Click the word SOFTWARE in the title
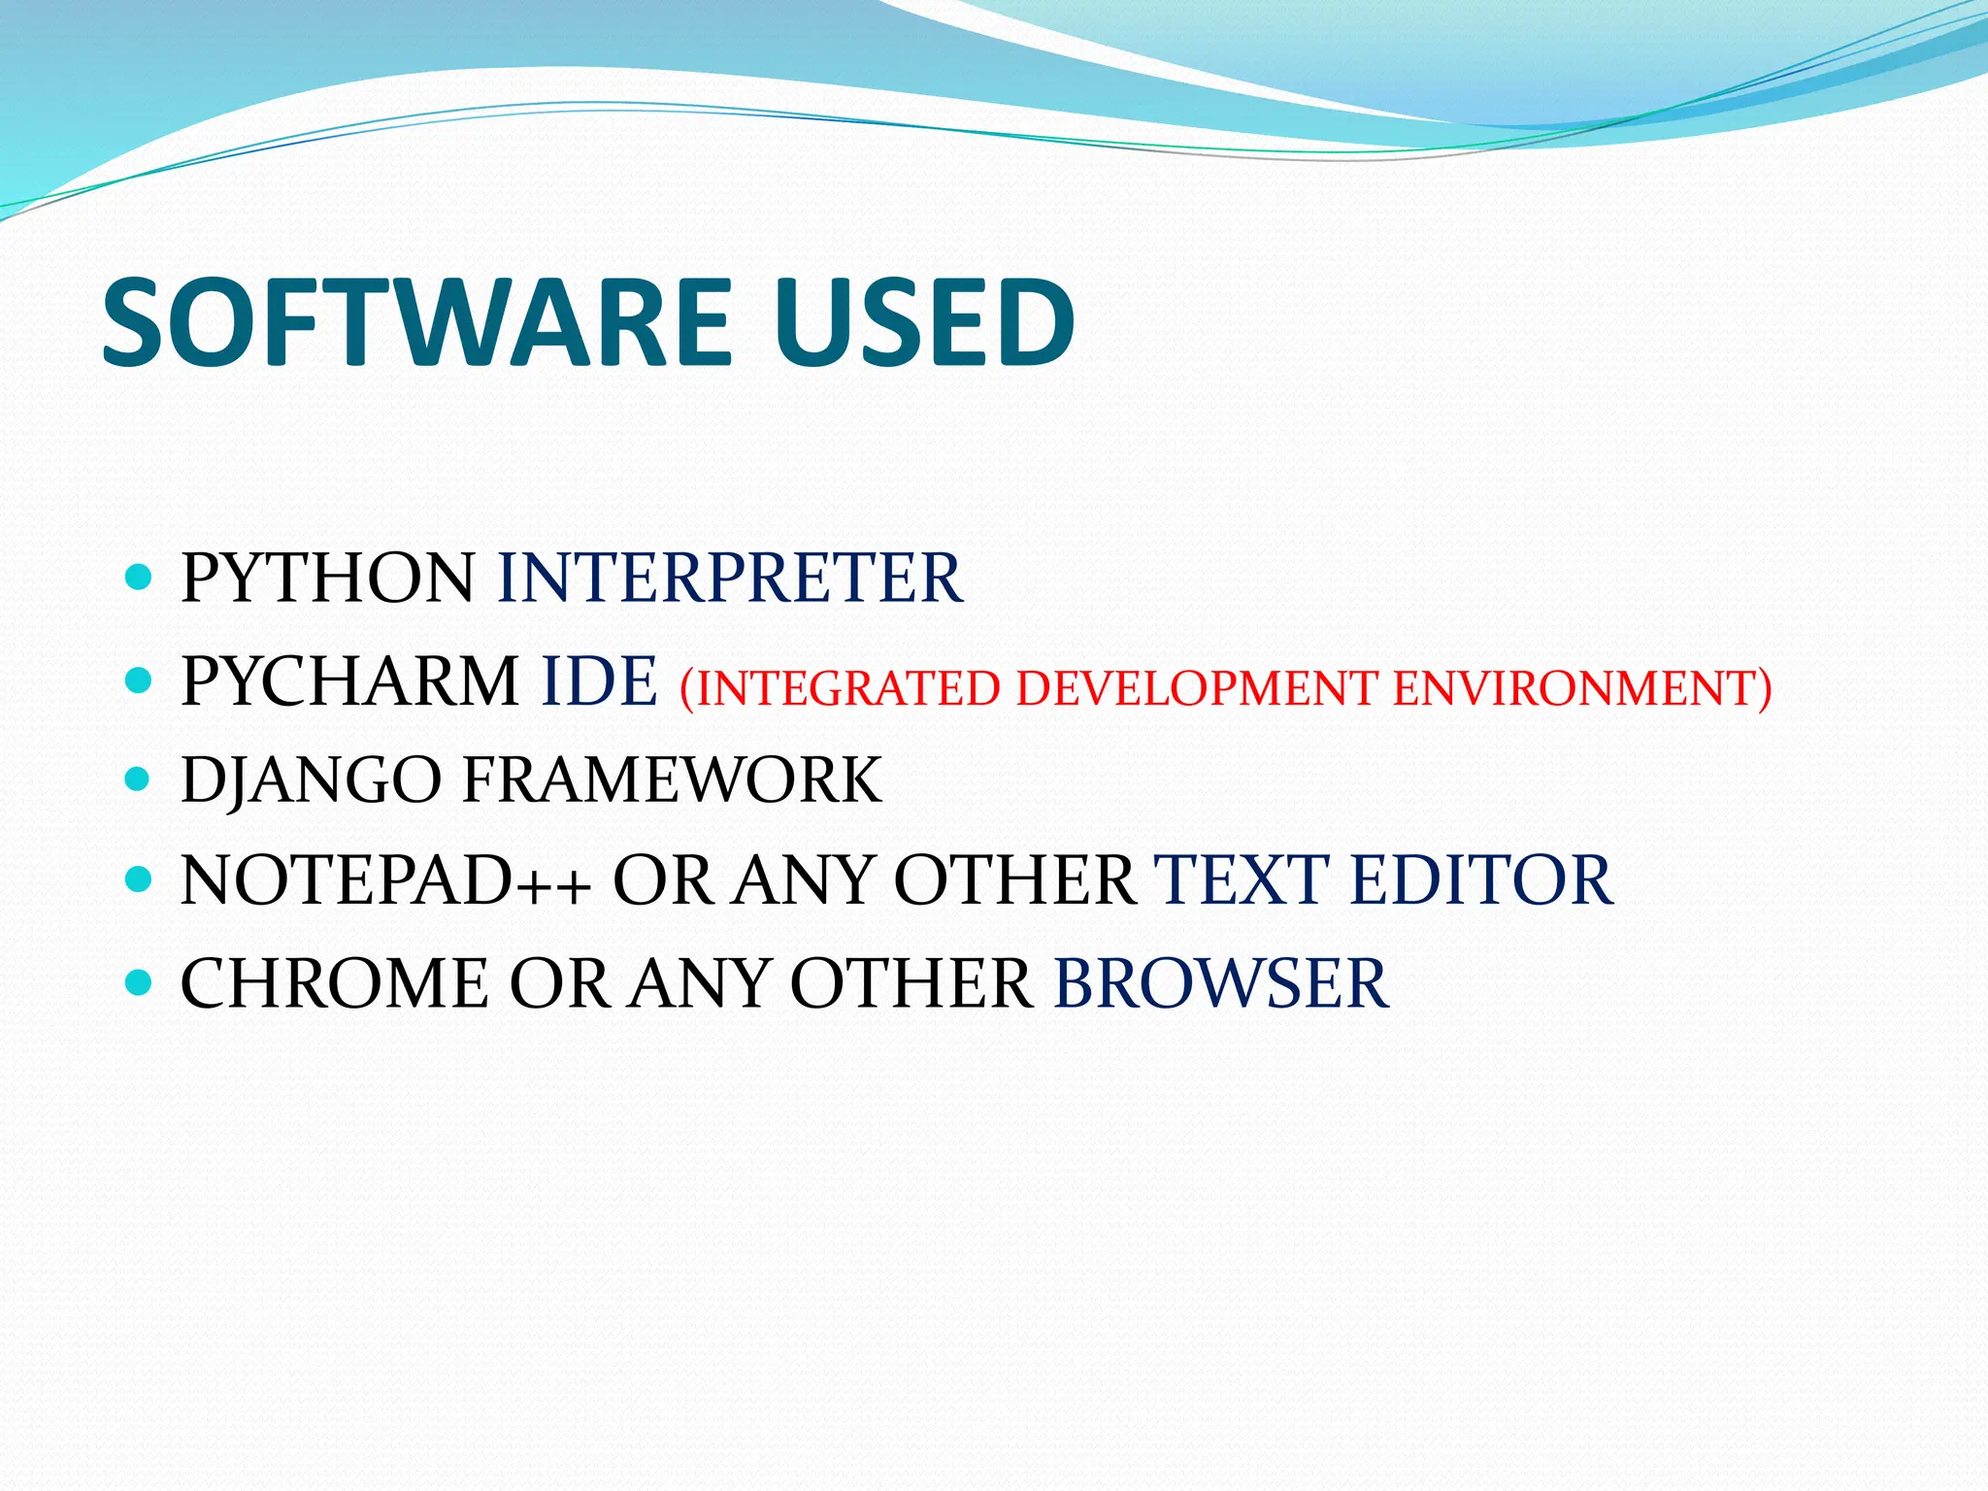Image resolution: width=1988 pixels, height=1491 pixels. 415,322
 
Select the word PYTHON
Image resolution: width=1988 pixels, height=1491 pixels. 327,579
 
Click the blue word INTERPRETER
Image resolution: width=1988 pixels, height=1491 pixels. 729,579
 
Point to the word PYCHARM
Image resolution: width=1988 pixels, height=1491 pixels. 349,681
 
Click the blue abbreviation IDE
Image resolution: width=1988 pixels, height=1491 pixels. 599,681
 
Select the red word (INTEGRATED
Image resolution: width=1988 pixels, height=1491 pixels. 839,688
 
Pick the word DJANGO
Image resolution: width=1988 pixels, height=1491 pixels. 311,780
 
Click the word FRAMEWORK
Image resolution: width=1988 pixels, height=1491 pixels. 672,780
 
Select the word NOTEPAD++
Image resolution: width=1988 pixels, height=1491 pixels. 385,881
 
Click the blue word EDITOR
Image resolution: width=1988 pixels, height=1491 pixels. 1481,881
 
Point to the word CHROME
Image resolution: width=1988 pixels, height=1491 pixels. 334,984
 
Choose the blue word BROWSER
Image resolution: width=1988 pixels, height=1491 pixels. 1221,984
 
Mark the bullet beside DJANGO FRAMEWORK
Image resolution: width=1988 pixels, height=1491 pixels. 140,779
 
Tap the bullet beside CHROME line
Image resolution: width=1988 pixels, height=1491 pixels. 140,982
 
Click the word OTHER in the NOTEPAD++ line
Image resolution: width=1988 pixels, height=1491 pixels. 1013,881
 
